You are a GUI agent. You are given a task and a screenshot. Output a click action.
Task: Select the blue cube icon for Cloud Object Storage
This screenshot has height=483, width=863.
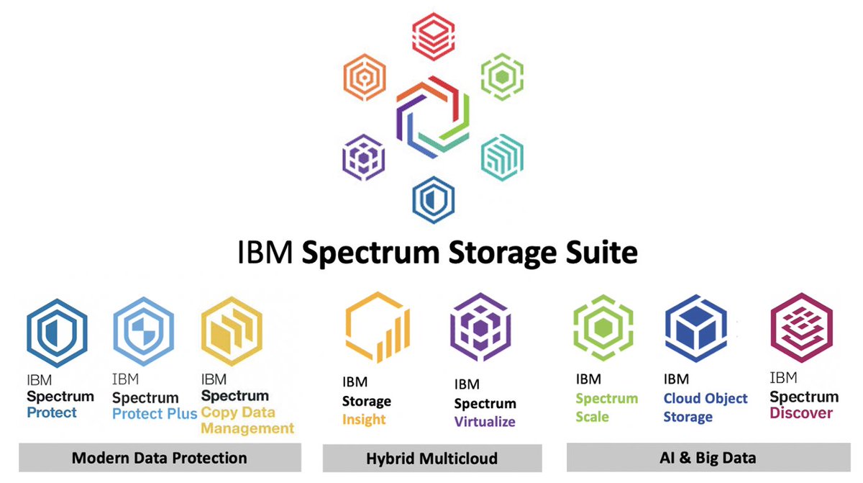[694, 330]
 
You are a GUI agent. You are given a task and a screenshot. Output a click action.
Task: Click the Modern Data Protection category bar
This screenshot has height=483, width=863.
[160, 458]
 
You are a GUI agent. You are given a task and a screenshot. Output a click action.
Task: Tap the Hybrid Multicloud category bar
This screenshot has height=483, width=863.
[431, 458]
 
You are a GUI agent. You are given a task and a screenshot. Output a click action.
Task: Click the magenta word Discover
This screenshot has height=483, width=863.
[801, 413]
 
